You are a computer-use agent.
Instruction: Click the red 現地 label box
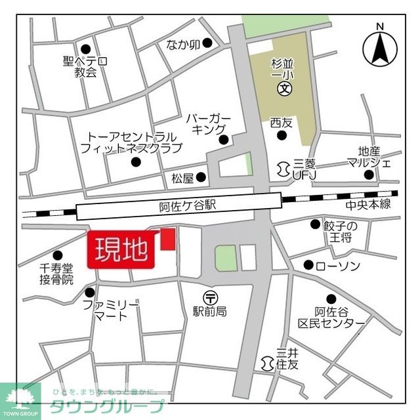click(x=121, y=250)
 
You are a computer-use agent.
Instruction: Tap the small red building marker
click(x=169, y=239)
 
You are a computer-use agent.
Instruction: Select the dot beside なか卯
click(x=207, y=43)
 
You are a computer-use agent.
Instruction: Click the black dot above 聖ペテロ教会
click(x=85, y=49)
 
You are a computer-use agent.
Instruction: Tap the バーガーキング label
click(x=209, y=123)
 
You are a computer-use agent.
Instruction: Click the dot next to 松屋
click(x=201, y=177)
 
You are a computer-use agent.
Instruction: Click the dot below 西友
click(x=282, y=136)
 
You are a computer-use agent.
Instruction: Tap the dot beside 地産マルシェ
click(x=369, y=175)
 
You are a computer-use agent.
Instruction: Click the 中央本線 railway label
click(x=368, y=204)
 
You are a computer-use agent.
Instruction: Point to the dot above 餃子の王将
click(x=314, y=224)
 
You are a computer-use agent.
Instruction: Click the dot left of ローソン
click(x=308, y=265)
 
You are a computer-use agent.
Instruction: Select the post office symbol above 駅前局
click(x=209, y=297)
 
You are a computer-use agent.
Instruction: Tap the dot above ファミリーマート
click(x=90, y=292)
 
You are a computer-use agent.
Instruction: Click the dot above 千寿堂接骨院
click(x=58, y=255)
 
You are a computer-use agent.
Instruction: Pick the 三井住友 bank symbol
click(x=268, y=362)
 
